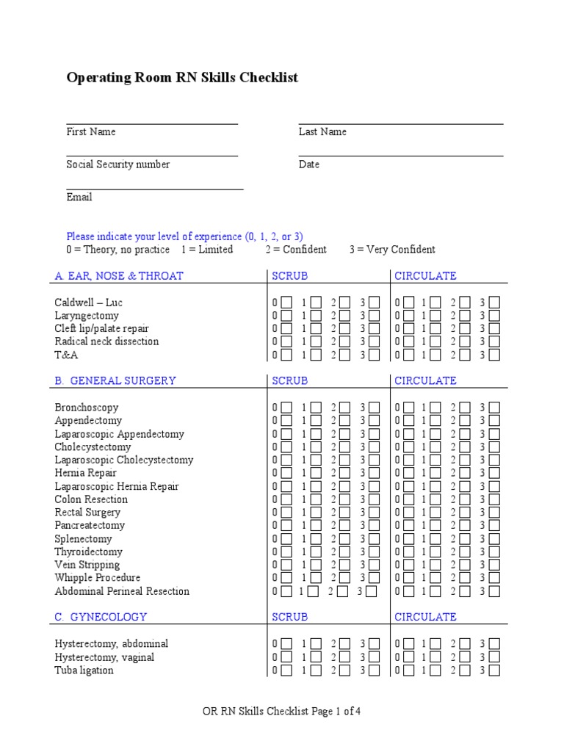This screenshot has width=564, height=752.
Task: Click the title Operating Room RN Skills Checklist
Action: (182, 78)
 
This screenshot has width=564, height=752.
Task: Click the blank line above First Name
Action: (152, 124)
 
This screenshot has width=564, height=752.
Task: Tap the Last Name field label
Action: (322, 132)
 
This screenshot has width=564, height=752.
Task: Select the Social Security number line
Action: (152, 156)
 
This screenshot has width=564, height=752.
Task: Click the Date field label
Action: (308, 164)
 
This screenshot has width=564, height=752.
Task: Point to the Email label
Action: (79, 198)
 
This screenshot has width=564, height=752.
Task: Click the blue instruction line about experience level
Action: (184, 236)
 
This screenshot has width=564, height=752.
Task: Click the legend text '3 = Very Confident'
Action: (392, 250)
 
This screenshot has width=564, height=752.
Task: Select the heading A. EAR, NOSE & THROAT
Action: (119, 276)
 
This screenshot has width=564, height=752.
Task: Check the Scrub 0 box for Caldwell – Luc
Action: (286, 303)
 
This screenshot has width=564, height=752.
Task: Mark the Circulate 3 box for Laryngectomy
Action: (494, 316)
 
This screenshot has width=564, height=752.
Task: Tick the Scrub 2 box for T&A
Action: (344, 355)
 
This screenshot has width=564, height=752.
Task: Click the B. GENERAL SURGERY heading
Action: (115, 381)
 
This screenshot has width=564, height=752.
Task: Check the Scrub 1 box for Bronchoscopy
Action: (315, 408)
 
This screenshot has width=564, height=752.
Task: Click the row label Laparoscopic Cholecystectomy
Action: (124, 460)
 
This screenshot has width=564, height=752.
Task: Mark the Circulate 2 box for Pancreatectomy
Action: (465, 526)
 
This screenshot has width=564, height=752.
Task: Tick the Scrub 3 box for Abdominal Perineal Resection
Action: (371, 591)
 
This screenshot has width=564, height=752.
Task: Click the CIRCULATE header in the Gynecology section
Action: (425, 618)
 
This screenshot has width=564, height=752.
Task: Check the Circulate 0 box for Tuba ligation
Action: (406, 670)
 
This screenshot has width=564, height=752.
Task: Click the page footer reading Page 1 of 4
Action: (281, 712)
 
